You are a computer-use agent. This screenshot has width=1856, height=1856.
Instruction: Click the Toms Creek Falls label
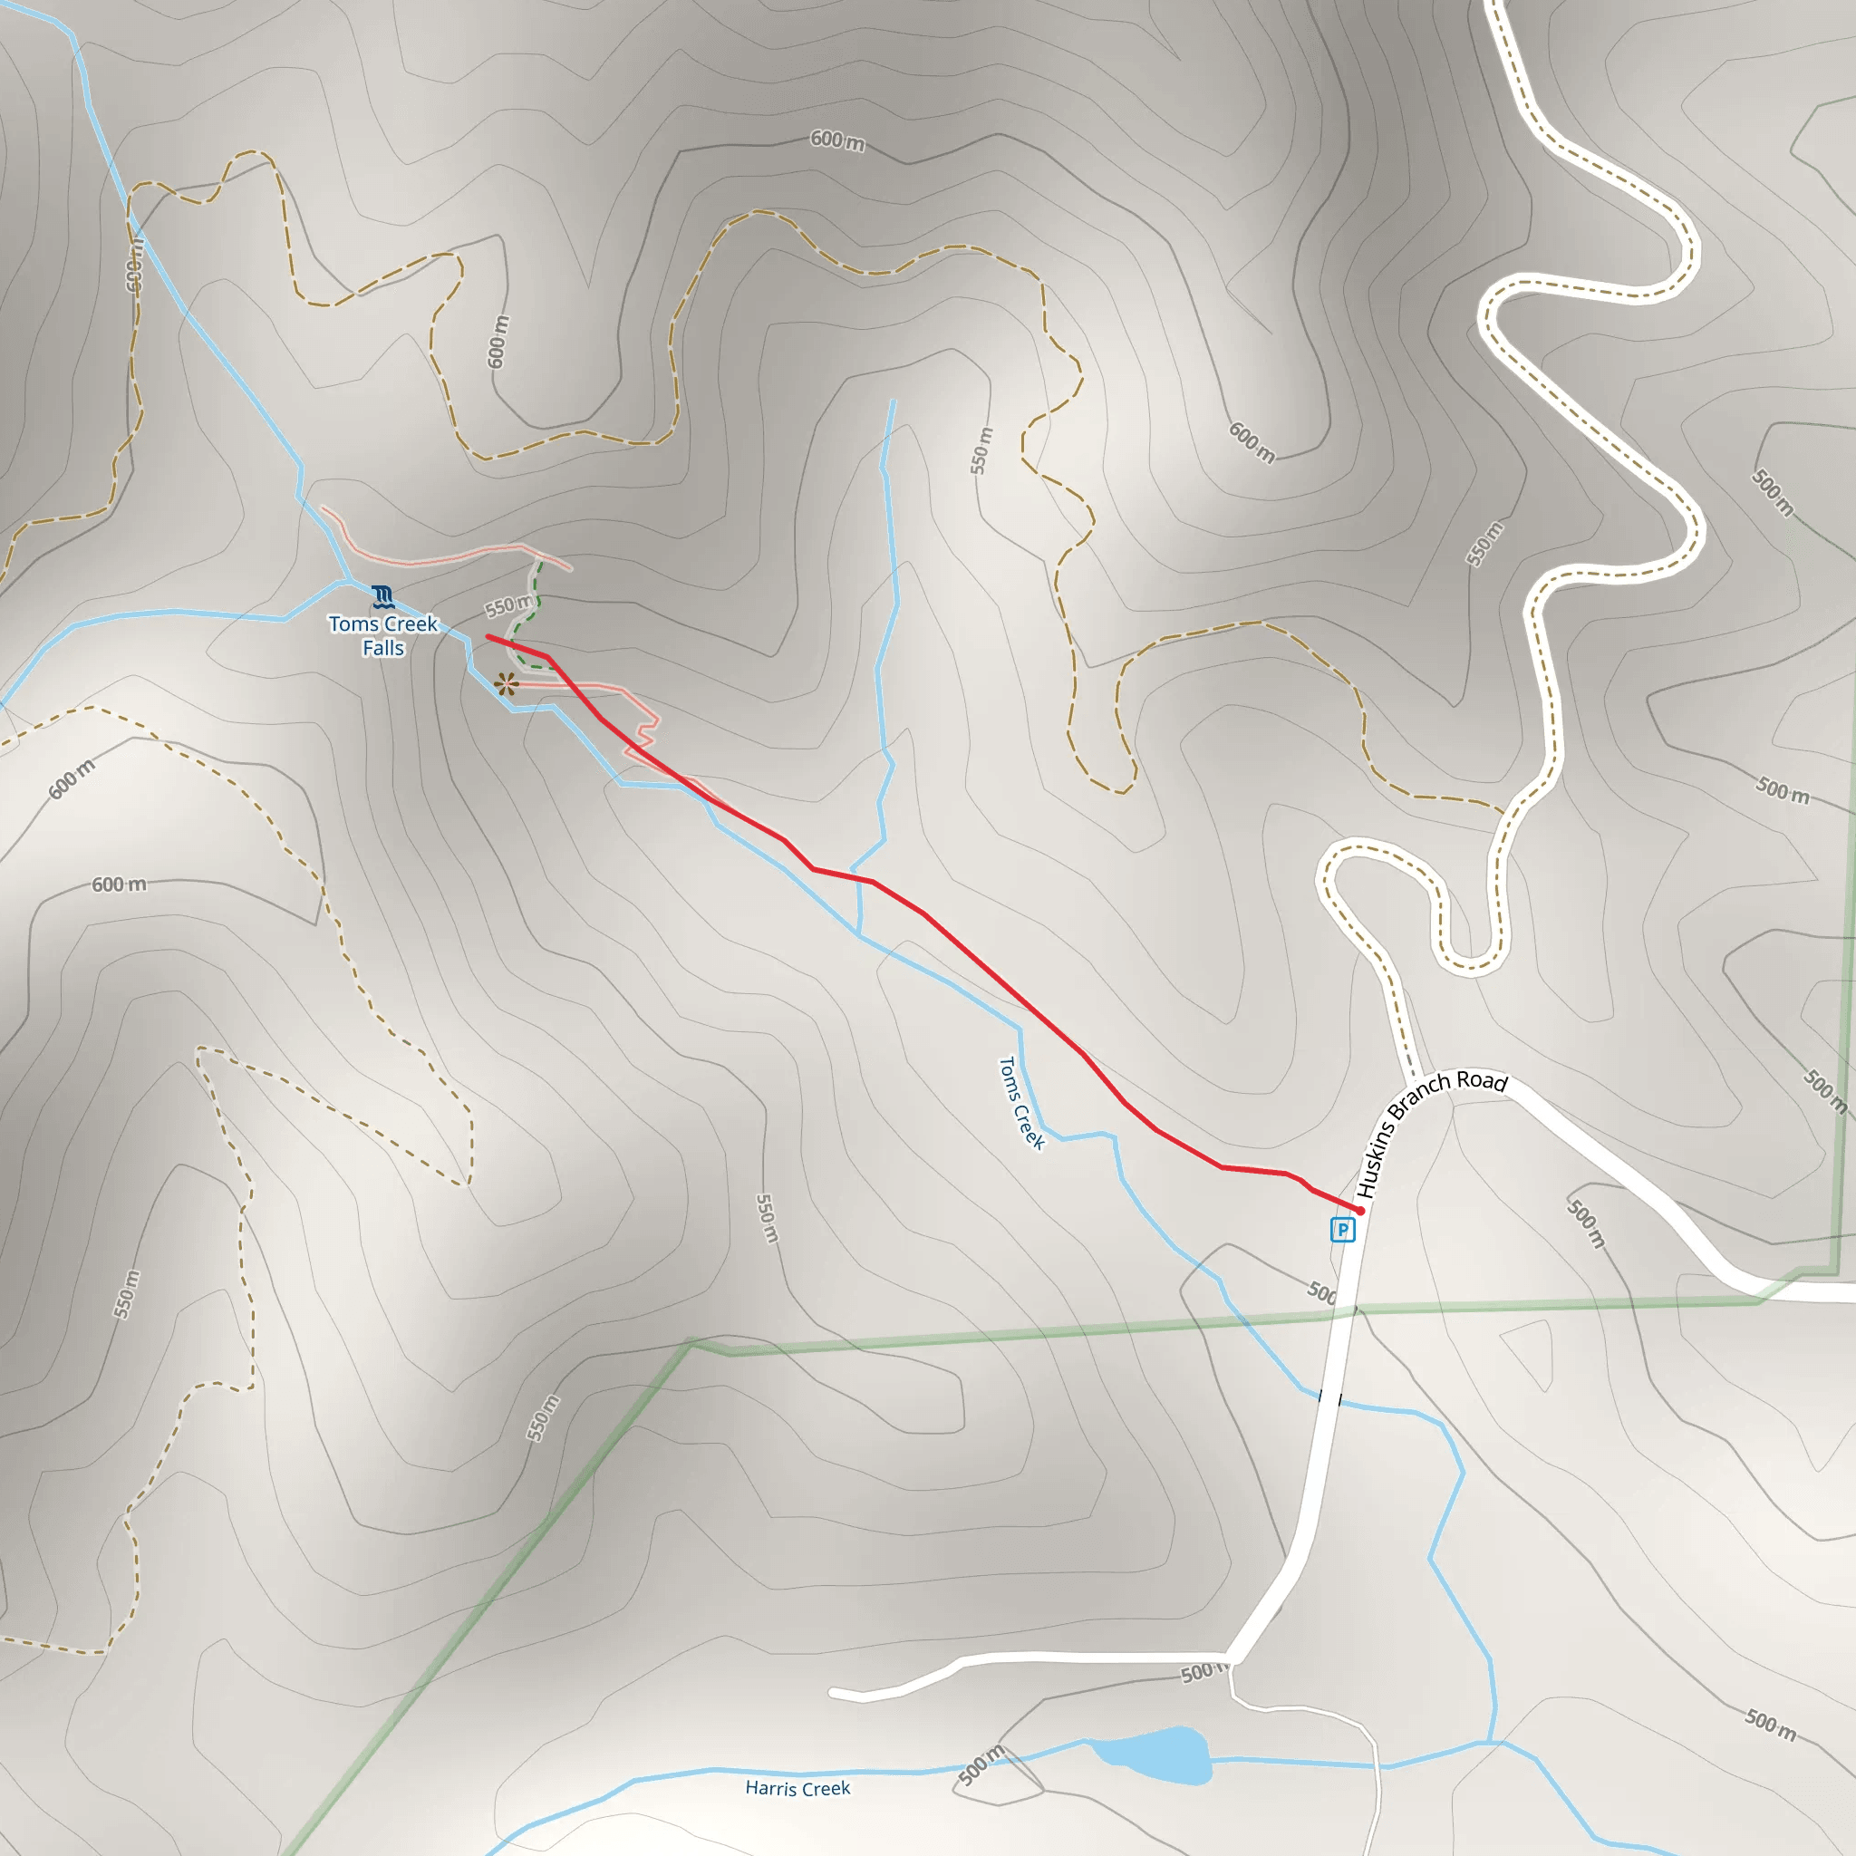[383, 636]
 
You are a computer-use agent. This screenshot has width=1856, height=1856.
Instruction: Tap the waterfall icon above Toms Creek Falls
[383, 596]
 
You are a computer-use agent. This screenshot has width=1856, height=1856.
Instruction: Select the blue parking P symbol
[1342, 1229]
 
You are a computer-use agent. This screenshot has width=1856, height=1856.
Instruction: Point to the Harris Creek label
[797, 1788]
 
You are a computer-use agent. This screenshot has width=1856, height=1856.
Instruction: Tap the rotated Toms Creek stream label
[1021, 1103]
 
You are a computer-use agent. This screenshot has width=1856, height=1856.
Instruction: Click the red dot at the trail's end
[1359, 1211]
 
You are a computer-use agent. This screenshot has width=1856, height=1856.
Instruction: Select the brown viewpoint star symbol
[506, 684]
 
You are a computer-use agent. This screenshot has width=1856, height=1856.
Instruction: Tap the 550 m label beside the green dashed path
[508, 606]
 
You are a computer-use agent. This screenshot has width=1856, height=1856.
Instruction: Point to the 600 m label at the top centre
[836, 140]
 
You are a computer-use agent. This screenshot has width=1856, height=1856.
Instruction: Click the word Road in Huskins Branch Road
[1483, 1081]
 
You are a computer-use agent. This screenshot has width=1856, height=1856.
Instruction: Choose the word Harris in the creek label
[772, 1789]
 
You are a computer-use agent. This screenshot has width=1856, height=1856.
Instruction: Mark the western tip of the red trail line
[489, 636]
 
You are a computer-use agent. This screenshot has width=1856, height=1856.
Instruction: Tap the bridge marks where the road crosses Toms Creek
[1330, 1397]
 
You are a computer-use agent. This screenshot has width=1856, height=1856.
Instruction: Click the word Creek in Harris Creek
[826, 1788]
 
